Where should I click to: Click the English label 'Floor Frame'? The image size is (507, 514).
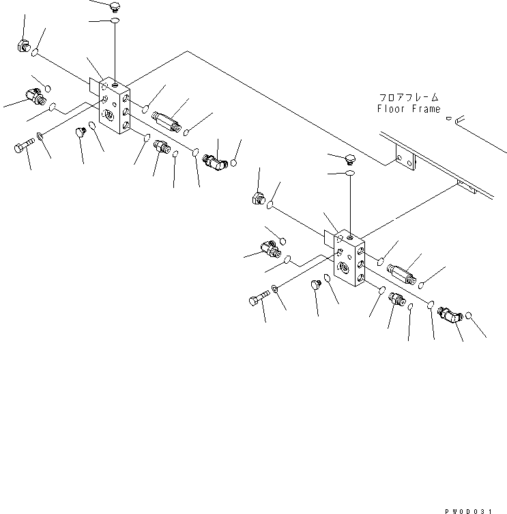coord(409,109)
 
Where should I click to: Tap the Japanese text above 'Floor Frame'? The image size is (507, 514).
coord(409,98)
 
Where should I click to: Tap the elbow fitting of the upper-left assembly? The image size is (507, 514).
coord(215,161)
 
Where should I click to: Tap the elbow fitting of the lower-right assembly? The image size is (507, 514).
coord(450,315)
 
